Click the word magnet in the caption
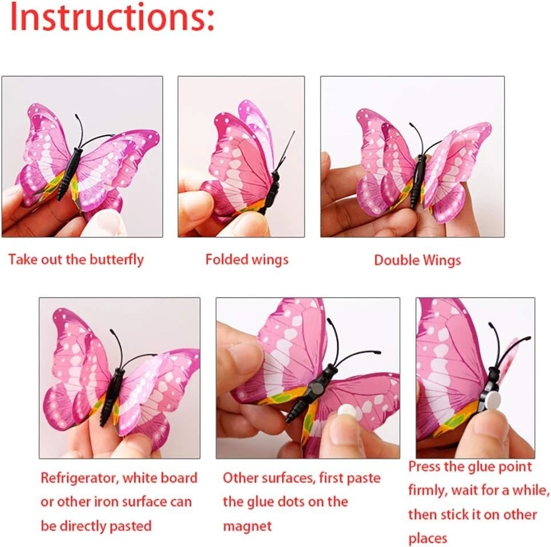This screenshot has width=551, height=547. [247, 526]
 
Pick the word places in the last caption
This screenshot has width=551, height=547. [428, 538]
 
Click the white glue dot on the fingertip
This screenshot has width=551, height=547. [347, 410]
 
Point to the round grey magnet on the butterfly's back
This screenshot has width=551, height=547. [318, 389]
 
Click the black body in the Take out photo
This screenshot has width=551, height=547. [70, 173]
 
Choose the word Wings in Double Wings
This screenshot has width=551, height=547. [441, 261]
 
